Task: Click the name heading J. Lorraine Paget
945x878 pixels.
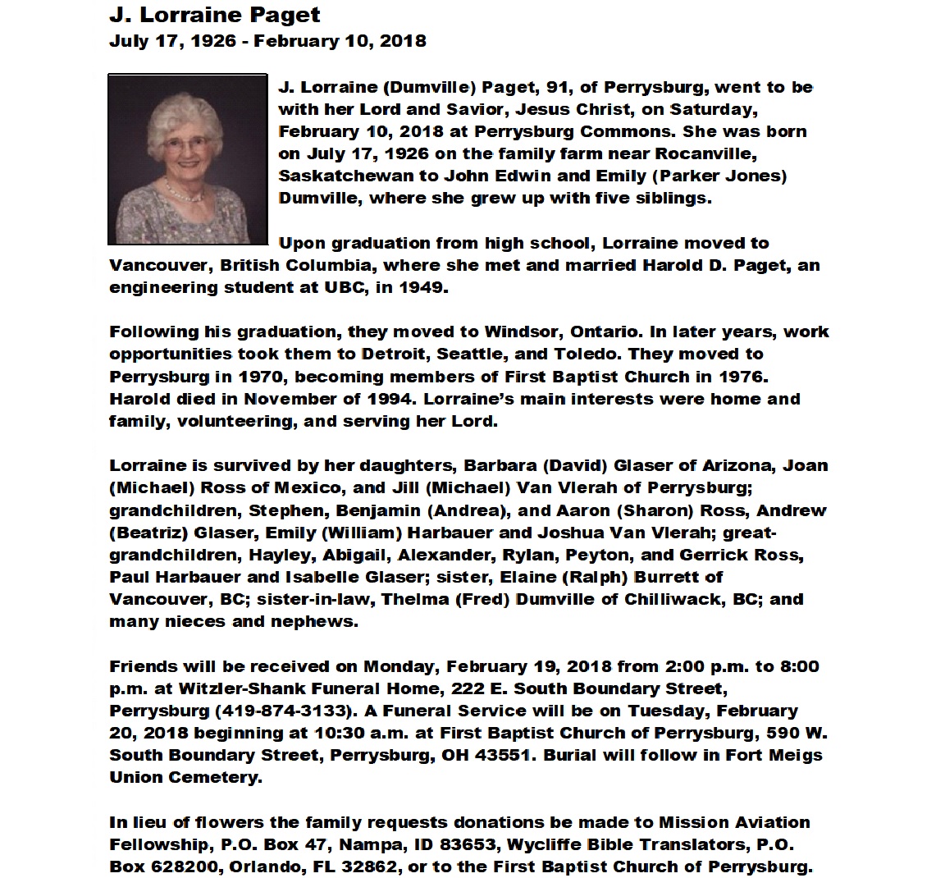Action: (x=215, y=15)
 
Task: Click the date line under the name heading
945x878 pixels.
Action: (x=267, y=40)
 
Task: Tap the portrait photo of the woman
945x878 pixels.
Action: (x=188, y=160)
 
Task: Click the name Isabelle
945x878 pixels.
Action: (x=325, y=577)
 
